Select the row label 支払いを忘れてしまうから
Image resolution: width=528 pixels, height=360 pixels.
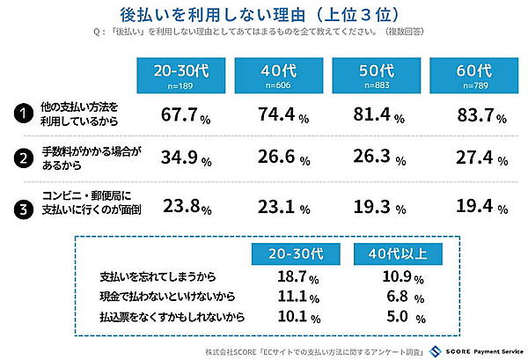tap(158, 276)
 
